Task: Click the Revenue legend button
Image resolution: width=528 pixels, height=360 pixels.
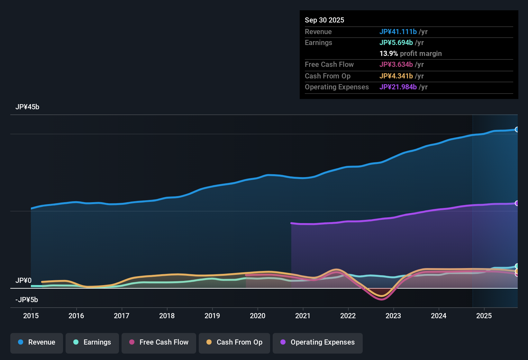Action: [x=37, y=342]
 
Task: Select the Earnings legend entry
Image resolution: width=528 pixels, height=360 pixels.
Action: [x=92, y=342]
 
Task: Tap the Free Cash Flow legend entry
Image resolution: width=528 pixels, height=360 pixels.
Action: [x=159, y=342]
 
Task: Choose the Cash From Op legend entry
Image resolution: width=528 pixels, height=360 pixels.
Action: [x=234, y=342]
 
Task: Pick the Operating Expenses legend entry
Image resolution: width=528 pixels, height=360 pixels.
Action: [x=318, y=342]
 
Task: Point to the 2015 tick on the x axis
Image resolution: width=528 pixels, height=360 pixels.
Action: [x=31, y=316]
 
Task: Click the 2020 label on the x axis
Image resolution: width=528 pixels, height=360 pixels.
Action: [x=258, y=316]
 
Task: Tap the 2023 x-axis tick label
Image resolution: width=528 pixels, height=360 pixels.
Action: [x=393, y=316]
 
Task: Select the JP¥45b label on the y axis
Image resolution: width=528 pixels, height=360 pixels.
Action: [x=27, y=107]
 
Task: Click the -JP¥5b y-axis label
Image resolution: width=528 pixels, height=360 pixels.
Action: [x=27, y=300]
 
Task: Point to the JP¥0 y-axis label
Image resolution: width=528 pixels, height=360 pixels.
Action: [x=23, y=281]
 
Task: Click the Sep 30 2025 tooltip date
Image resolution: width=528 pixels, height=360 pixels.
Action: [x=324, y=20]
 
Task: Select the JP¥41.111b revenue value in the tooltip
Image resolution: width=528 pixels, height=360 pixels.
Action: [x=398, y=32]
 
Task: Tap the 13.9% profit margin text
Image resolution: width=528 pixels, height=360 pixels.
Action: [x=410, y=53]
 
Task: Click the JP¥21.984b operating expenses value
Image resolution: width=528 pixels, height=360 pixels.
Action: [x=398, y=87]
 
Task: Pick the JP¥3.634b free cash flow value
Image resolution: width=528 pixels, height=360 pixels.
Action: [x=396, y=64]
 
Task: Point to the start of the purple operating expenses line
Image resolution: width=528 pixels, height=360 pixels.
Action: [x=292, y=223]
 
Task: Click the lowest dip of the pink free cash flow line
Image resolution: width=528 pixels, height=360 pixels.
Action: [x=381, y=299]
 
